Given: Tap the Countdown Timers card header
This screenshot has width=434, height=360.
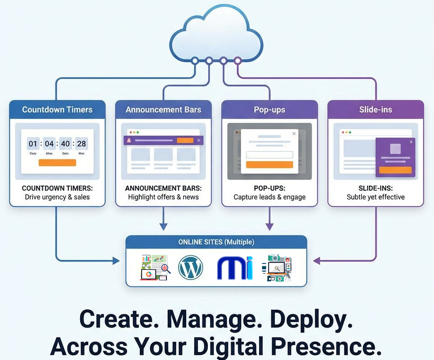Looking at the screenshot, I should [x=57, y=110].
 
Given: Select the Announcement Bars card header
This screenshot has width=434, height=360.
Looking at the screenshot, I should [x=163, y=110].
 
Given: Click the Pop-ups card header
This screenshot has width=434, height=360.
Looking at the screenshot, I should [x=269, y=110].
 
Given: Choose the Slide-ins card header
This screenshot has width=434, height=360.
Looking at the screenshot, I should [x=376, y=110].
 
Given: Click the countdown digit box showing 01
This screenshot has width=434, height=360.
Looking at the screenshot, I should [x=33, y=144].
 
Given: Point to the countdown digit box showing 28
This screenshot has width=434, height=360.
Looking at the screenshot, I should [x=81, y=144].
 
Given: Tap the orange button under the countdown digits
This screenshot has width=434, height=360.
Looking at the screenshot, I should [x=57, y=163].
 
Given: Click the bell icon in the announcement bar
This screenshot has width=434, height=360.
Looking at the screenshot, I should [x=130, y=141].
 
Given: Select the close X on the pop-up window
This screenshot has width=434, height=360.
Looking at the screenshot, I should [x=294, y=133].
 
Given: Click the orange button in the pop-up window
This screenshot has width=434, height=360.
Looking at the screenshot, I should [x=269, y=164].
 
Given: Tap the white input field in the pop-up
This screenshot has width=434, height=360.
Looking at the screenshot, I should [x=269, y=155].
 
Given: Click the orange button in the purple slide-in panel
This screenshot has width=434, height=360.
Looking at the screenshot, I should [x=395, y=170].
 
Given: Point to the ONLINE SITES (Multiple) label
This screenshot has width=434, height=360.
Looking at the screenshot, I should [x=216, y=242].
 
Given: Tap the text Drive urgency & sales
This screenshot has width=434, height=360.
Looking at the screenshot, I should [x=57, y=197].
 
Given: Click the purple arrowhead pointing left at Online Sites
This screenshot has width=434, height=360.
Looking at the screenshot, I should [x=316, y=260].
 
